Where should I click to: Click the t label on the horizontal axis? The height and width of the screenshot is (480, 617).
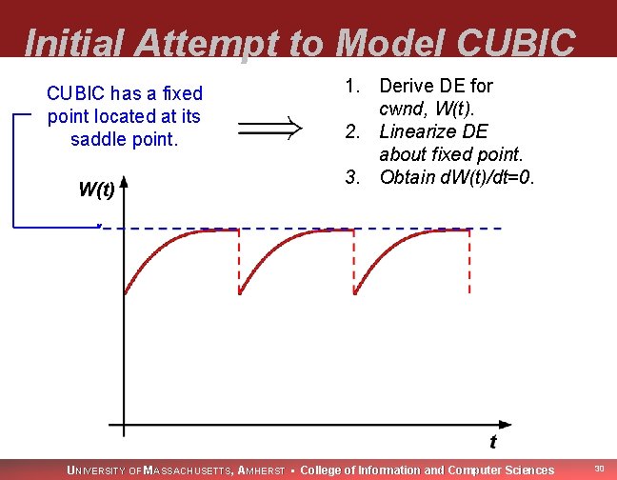(492, 441)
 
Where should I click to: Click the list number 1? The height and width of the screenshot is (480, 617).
(350, 86)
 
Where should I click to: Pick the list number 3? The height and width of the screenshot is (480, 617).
(350, 177)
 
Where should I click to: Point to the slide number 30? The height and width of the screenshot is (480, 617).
(599, 468)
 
